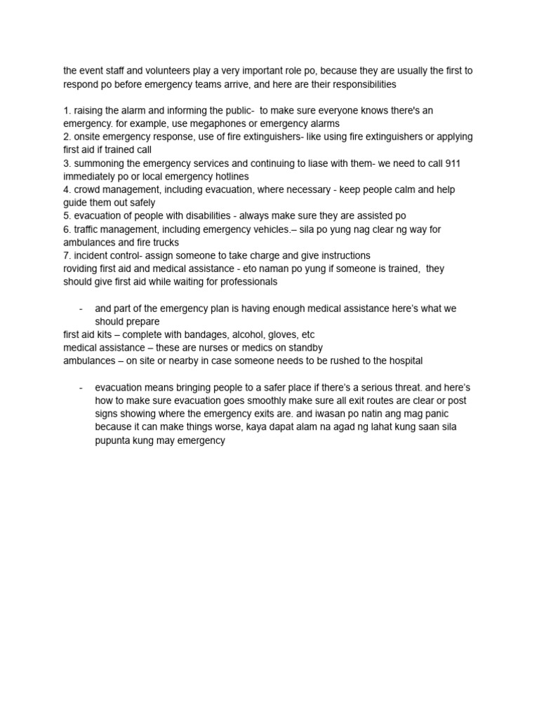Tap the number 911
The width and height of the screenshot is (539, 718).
(x=453, y=163)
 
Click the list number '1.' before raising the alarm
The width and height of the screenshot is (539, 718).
(x=67, y=111)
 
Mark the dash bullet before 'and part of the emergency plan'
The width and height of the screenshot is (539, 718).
(x=82, y=309)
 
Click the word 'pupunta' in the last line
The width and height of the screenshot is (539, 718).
(x=114, y=441)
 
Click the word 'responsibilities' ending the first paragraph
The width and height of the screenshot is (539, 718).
(x=359, y=84)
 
